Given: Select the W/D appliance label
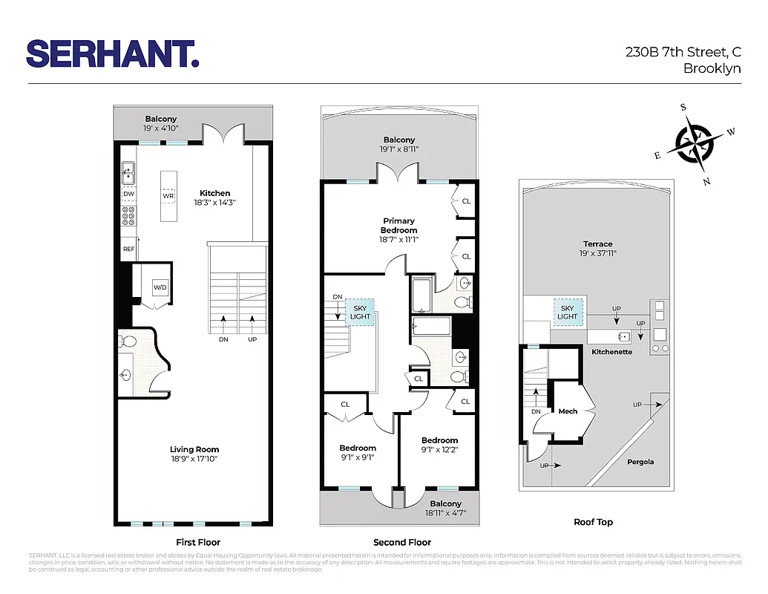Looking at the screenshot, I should coord(160,287).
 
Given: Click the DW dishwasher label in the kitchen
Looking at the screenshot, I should coord(128,194).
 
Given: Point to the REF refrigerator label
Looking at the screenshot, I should coord(128,249).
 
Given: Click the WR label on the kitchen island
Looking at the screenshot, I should coord(168,196).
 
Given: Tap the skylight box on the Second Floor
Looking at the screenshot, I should coord(360,312).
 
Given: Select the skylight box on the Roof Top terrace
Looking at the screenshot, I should coord(568,312).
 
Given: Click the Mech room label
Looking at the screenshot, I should coord(568,411).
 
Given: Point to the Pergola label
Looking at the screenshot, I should coord(640,462).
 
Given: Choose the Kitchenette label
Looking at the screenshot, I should coord(612,352).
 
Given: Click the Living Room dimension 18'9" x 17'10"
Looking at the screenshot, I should coord(194,459).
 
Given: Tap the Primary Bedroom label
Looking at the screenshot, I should coord(399,225).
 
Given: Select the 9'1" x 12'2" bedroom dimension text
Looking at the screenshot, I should coord(440,449).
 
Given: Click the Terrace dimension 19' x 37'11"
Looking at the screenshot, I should coord(597,253).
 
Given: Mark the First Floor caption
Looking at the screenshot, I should coord(198,542).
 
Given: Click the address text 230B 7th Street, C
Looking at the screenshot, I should coord(683,53).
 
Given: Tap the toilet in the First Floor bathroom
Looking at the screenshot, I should coord(127,342).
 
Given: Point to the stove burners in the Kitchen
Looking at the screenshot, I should coord(128,217).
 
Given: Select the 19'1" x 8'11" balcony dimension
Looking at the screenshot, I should coord(399,149).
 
